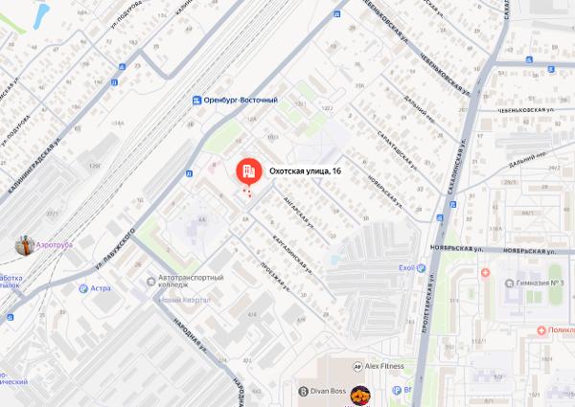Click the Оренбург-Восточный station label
pos(241,100)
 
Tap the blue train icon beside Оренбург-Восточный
pos(196,100)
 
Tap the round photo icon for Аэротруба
pos(24,245)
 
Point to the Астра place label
pos(101,287)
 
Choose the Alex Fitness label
pos(388,365)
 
